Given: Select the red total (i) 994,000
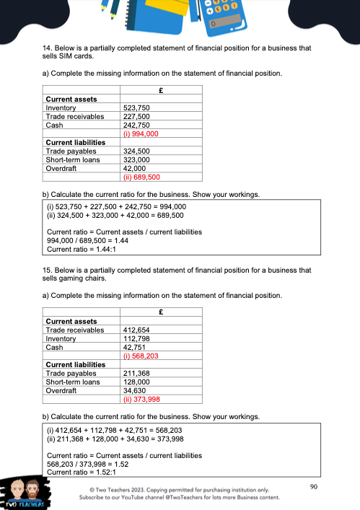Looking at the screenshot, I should (x=141, y=133).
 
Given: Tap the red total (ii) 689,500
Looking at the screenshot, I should (x=142, y=176).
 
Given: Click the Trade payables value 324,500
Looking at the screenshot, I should (x=136, y=151).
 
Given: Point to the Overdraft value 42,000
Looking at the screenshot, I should (x=135, y=167).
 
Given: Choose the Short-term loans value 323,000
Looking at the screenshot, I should (x=136, y=159).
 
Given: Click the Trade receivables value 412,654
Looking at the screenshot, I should (x=136, y=330).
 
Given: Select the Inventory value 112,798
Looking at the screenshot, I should (x=136, y=338).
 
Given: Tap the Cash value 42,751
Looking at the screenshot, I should (x=135, y=347).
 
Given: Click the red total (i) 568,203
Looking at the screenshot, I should (x=141, y=356).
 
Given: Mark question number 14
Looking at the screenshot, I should (x=48, y=48).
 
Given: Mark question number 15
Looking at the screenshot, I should (x=48, y=271).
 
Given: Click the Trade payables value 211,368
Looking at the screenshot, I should (x=136, y=373).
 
